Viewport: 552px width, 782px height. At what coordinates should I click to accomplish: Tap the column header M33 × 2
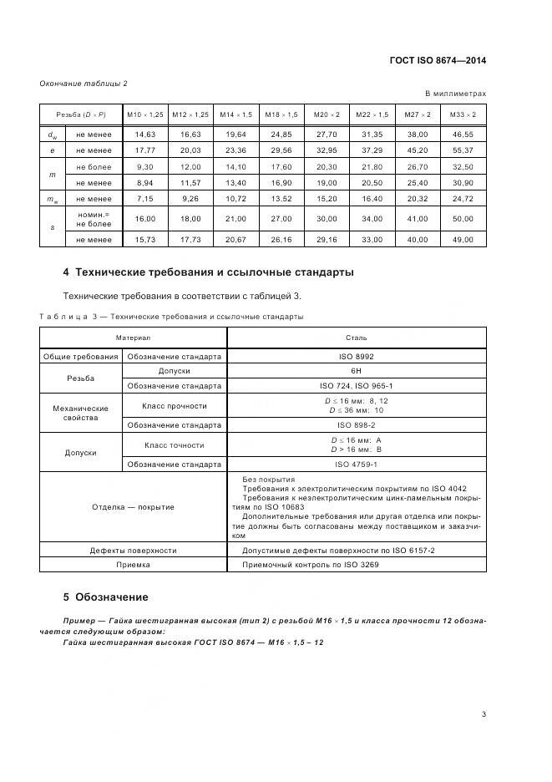pos(462,114)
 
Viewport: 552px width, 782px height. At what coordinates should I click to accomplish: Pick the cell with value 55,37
pos(462,150)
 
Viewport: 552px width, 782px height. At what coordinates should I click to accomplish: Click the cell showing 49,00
pos(462,239)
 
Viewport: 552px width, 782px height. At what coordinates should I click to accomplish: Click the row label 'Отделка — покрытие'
pos(134,507)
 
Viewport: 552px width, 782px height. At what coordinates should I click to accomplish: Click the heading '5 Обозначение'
pos(105,597)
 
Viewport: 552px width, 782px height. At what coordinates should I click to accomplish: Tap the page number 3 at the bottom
pos(484,713)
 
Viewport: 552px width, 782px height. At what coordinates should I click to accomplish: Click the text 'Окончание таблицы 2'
pos(84,83)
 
